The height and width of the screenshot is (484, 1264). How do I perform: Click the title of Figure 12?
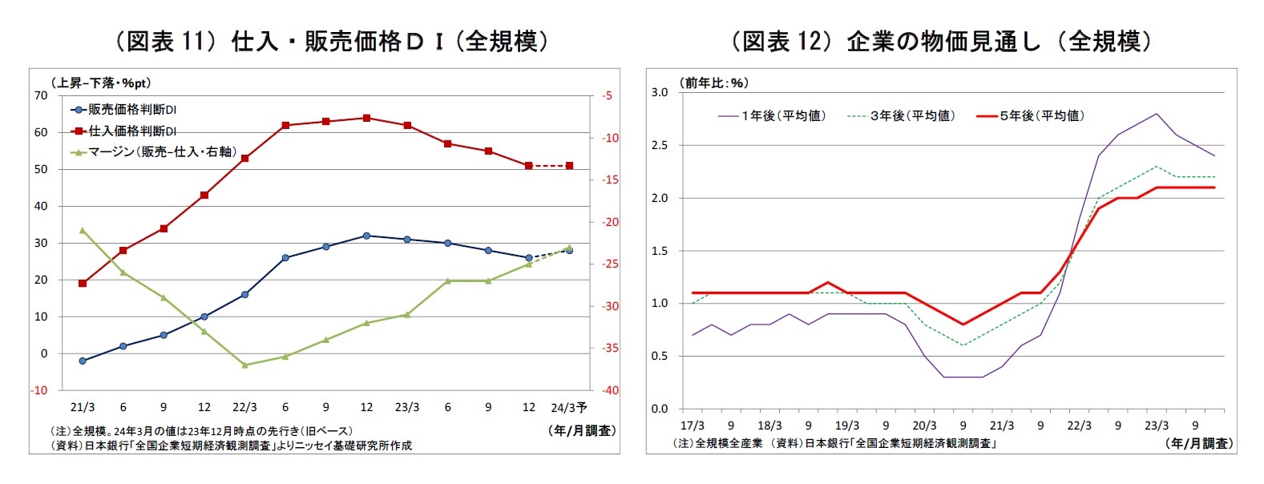pos(941,41)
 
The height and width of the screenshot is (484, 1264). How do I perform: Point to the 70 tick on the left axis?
pos(41,95)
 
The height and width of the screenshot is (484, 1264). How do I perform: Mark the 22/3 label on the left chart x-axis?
pos(244,407)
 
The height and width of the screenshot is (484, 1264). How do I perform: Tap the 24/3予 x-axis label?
pos(568,407)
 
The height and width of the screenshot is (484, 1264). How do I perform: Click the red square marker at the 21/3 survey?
pos(83,283)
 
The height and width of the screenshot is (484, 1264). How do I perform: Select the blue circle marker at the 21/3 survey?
pos(83,361)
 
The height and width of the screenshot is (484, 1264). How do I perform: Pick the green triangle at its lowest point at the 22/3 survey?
pos(244,365)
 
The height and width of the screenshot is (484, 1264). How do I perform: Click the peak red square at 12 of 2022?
pos(366,118)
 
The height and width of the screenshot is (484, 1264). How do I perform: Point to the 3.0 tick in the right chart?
pos(659,92)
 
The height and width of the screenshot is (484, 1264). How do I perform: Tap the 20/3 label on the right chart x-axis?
pos(924,426)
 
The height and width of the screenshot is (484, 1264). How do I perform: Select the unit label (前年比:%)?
pos(713,83)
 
